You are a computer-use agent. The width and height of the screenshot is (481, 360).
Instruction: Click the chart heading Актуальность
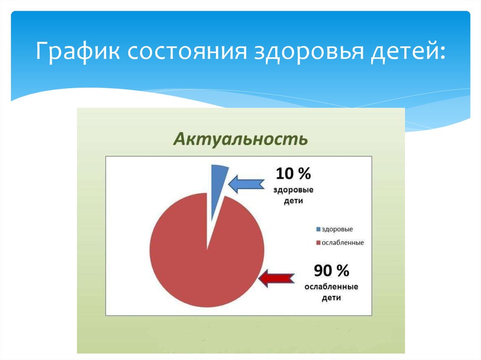[x=241, y=139]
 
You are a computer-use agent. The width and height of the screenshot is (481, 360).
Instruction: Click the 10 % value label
[x=293, y=174]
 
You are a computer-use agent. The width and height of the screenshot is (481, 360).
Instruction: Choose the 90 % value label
[x=331, y=271]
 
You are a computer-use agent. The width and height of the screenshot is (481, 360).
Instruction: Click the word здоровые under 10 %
[x=294, y=190]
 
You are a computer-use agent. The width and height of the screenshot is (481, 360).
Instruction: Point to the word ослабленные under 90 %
[x=331, y=287]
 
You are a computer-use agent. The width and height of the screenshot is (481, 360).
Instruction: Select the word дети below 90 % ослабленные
[x=331, y=298]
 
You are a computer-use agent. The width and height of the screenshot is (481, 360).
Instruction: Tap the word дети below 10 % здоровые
[x=294, y=201]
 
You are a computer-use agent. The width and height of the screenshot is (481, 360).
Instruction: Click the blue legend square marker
[x=318, y=230]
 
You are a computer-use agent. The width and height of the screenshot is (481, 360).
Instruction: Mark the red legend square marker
[x=318, y=243]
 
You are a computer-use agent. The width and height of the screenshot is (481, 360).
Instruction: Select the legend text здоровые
[x=337, y=230]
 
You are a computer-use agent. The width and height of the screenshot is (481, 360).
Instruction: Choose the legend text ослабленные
[x=342, y=243]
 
